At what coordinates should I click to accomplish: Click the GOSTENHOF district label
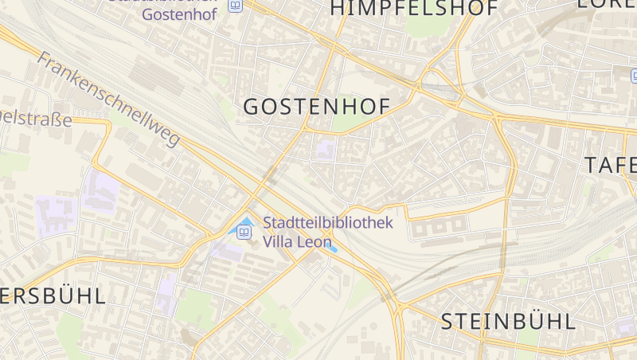click(316, 108)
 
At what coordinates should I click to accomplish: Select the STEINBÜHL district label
click(508, 322)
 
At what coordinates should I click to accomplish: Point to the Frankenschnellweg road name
click(108, 100)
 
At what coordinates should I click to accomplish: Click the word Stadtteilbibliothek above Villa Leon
click(328, 223)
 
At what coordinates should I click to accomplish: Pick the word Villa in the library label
click(277, 242)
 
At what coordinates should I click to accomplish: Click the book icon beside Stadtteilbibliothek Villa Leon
click(244, 233)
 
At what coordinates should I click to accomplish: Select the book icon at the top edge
click(235, 6)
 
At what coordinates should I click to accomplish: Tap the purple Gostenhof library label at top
click(178, 14)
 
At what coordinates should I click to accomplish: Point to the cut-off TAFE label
click(611, 165)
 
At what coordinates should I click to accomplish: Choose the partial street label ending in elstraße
click(36, 119)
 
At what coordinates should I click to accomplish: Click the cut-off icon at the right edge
click(634, 76)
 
